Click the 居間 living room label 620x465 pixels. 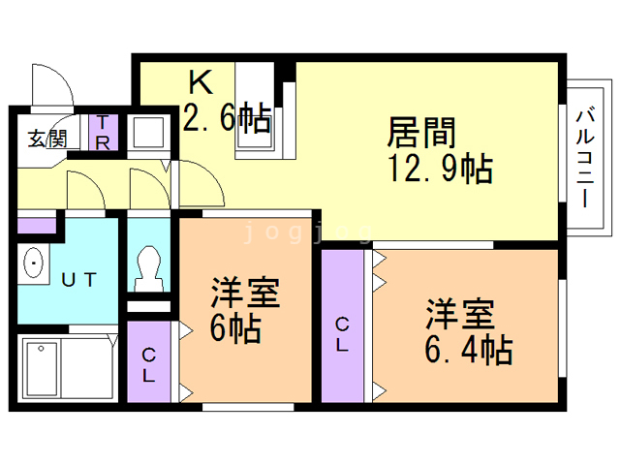421,133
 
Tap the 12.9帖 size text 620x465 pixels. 441,169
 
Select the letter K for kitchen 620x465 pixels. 201,81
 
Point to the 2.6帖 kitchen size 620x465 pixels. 228,117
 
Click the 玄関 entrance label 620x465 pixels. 47,139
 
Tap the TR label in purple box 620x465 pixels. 103,133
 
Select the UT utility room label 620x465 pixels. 79,280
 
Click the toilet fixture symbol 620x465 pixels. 148,267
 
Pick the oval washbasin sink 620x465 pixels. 34,263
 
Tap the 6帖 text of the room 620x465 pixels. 235,328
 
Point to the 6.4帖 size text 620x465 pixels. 469,350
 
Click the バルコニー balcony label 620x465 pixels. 585,157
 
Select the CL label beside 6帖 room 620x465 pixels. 148,364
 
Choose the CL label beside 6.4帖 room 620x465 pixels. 342,334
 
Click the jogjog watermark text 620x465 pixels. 308,232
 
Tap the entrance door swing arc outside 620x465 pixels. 59,77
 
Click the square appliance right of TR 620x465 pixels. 148,133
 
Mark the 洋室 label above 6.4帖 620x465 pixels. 460,314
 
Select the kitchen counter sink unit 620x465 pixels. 255,110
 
